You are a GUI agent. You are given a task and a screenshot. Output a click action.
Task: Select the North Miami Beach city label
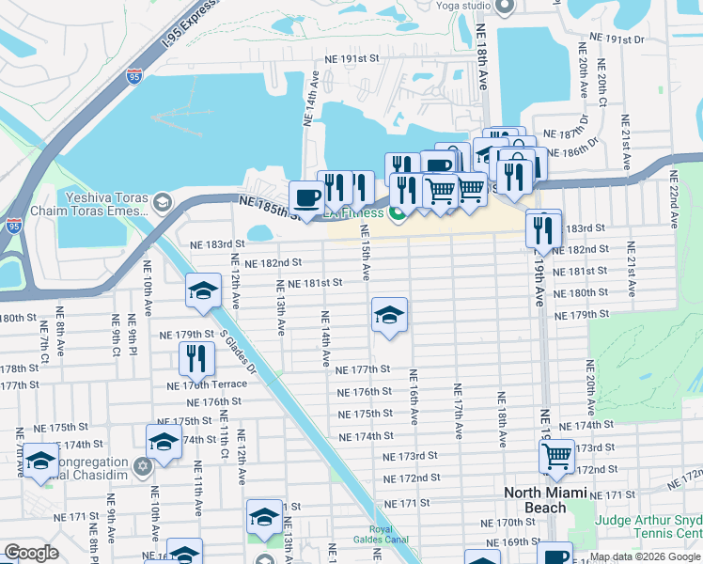point(548,500)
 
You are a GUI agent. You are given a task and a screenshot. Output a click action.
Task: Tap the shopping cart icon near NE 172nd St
point(557,456)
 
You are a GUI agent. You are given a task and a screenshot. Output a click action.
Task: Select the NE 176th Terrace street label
point(207,385)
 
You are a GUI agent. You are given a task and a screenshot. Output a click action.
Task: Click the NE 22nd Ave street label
point(674,200)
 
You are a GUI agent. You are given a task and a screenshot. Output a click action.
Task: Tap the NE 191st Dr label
point(616,39)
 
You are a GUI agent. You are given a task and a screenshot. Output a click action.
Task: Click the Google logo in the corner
point(32,553)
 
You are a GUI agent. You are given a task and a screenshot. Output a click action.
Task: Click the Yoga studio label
point(462,6)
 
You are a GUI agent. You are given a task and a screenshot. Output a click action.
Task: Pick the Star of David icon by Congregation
point(143,465)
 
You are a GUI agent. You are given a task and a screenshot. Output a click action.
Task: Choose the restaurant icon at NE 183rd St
point(542,229)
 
